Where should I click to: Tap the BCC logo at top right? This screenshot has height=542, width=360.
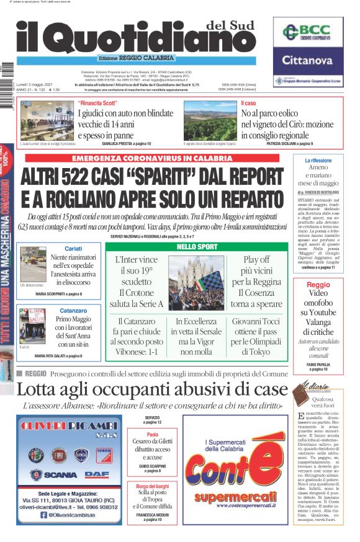(x=308, y=33)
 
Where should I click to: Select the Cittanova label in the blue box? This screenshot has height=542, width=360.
(x=308, y=61)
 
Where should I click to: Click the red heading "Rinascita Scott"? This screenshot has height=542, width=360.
(x=98, y=103)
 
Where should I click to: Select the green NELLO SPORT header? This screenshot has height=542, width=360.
(x=192, y=247)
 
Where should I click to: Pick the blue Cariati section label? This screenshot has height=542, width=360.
(x=73, y=248)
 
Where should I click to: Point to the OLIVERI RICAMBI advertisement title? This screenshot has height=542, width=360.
(x=70, y=428)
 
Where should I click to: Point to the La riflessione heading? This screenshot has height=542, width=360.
(x=318, y=161)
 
